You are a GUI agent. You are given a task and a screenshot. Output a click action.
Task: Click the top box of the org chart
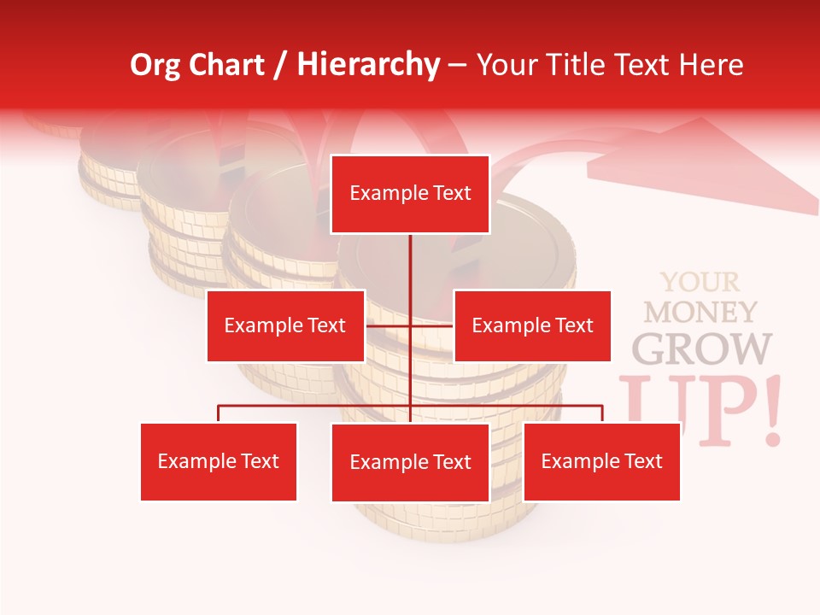410,194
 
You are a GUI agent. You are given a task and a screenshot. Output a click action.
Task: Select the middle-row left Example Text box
285,325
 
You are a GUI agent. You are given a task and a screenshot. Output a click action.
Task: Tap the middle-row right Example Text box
532,325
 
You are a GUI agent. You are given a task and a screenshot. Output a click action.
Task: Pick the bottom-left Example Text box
219,461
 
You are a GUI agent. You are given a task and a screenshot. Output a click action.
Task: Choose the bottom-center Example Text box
410,462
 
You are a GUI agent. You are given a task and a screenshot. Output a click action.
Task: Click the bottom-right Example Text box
601,461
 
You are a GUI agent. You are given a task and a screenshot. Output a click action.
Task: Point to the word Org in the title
155,65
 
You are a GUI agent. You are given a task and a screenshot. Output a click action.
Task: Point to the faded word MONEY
700,312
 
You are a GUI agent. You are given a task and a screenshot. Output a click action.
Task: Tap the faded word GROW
702,348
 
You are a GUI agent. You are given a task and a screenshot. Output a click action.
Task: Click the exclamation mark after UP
773,410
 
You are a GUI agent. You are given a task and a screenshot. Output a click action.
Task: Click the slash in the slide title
280,65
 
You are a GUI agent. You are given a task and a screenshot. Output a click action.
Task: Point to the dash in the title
457,65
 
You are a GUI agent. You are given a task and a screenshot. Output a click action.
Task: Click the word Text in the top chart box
450,194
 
